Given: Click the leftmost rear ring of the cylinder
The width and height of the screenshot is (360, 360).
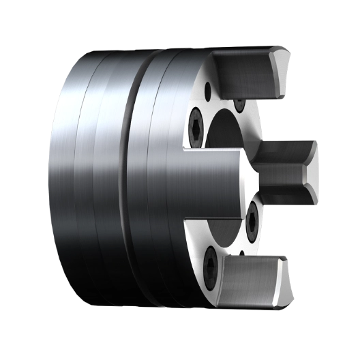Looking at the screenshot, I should click(x=65, y=177).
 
